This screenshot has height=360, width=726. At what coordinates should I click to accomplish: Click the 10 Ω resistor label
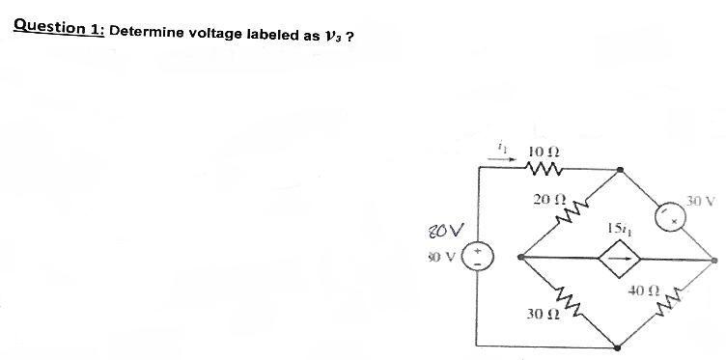coord(543,152)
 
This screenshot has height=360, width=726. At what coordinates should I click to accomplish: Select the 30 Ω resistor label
coord(540,315)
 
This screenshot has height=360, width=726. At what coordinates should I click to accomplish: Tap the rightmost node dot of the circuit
coord(714,259)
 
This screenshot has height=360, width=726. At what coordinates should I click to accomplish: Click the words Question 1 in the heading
coord(59,26)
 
